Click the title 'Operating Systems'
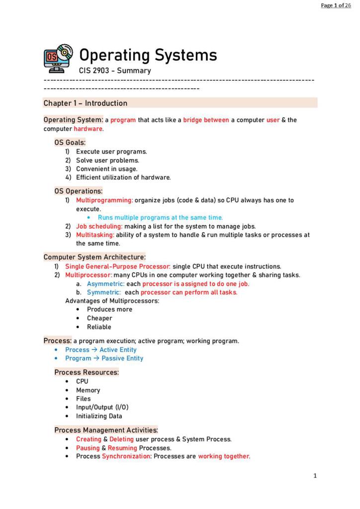148,55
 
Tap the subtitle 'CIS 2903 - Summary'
115,71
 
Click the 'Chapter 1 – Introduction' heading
85,103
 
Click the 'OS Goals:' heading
70,142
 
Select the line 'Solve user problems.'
107,160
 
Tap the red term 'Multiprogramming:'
104,200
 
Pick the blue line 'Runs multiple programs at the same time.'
160,218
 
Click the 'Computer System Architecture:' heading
94,257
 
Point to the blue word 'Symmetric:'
103,292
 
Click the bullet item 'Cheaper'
99,318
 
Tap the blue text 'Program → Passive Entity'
104,358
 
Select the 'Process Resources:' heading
87,372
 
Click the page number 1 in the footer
315,476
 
